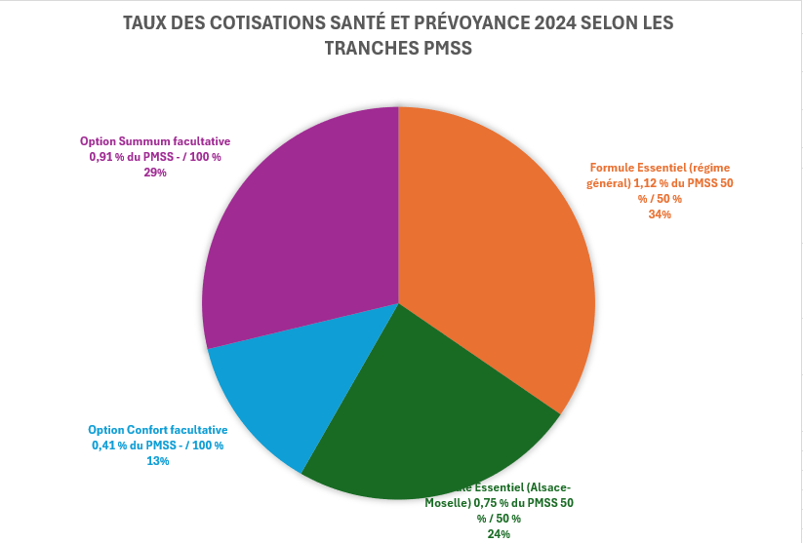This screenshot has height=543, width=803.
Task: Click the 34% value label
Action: (x=660, y=214)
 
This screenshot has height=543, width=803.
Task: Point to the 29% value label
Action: (x=155, y=172)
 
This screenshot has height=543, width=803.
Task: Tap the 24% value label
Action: (x=499, y=533)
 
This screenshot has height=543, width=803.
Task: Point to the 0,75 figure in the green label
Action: (x=490, y=503)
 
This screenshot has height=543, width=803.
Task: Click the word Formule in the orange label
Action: (x=612, y=168)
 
